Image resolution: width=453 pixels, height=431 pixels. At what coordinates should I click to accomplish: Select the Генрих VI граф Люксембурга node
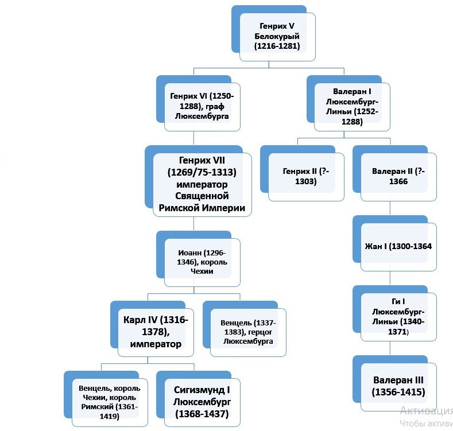(199, 106)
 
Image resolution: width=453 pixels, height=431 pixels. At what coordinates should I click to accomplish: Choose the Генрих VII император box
(202, 184)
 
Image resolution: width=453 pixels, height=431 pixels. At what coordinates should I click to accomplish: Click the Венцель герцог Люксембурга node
(244, 332)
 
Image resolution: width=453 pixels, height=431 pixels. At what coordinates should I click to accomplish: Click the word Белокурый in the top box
(277, 36)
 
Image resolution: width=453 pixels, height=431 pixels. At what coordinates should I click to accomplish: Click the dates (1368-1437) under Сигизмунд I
(202, 413)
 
